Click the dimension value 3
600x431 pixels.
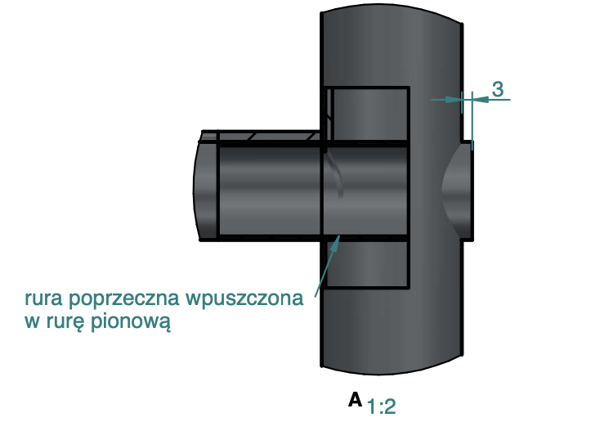497,89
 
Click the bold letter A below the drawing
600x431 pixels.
355,399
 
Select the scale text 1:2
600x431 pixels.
382,406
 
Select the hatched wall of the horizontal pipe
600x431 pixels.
262,136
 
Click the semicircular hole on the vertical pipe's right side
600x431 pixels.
455,191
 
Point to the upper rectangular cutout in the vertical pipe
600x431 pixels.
368,114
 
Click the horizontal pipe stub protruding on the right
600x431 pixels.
468,191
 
